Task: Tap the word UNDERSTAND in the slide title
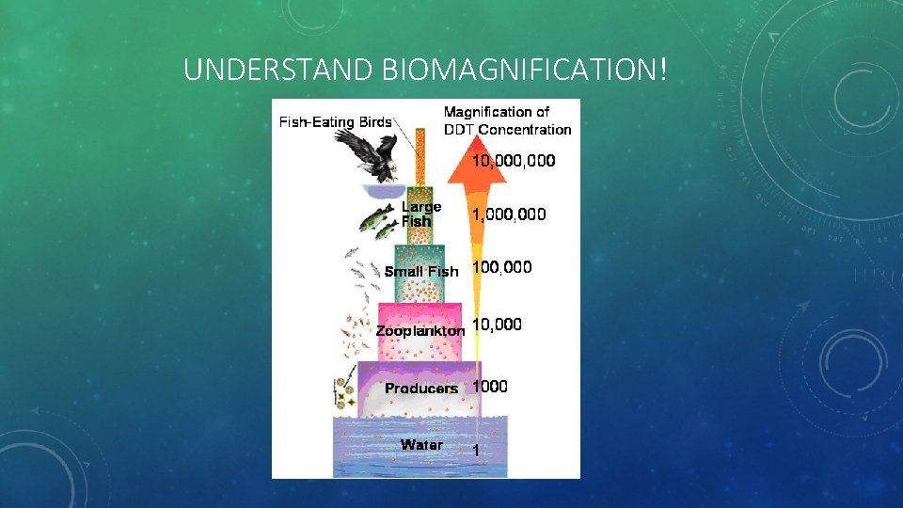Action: coord(280,70)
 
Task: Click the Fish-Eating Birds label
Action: coord(335,122)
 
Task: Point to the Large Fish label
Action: coord(420,214)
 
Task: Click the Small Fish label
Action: coord(421,271)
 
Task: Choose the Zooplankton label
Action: coord(420,331)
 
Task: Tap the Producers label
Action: coord(421,388)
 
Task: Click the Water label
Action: coord(421,444)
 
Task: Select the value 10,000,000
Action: coord(514,161)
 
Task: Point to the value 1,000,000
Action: coord(509,214)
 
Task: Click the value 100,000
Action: coord(501,267)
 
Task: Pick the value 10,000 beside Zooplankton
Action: coord(497,325)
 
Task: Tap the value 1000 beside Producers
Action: coord(490,386)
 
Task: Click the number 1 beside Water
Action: coord(476,451)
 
